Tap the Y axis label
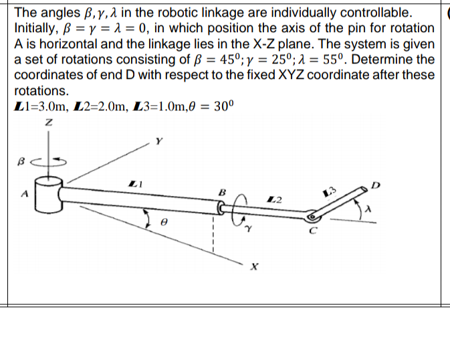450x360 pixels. coord(158,141)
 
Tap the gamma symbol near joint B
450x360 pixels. coord(248,228)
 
